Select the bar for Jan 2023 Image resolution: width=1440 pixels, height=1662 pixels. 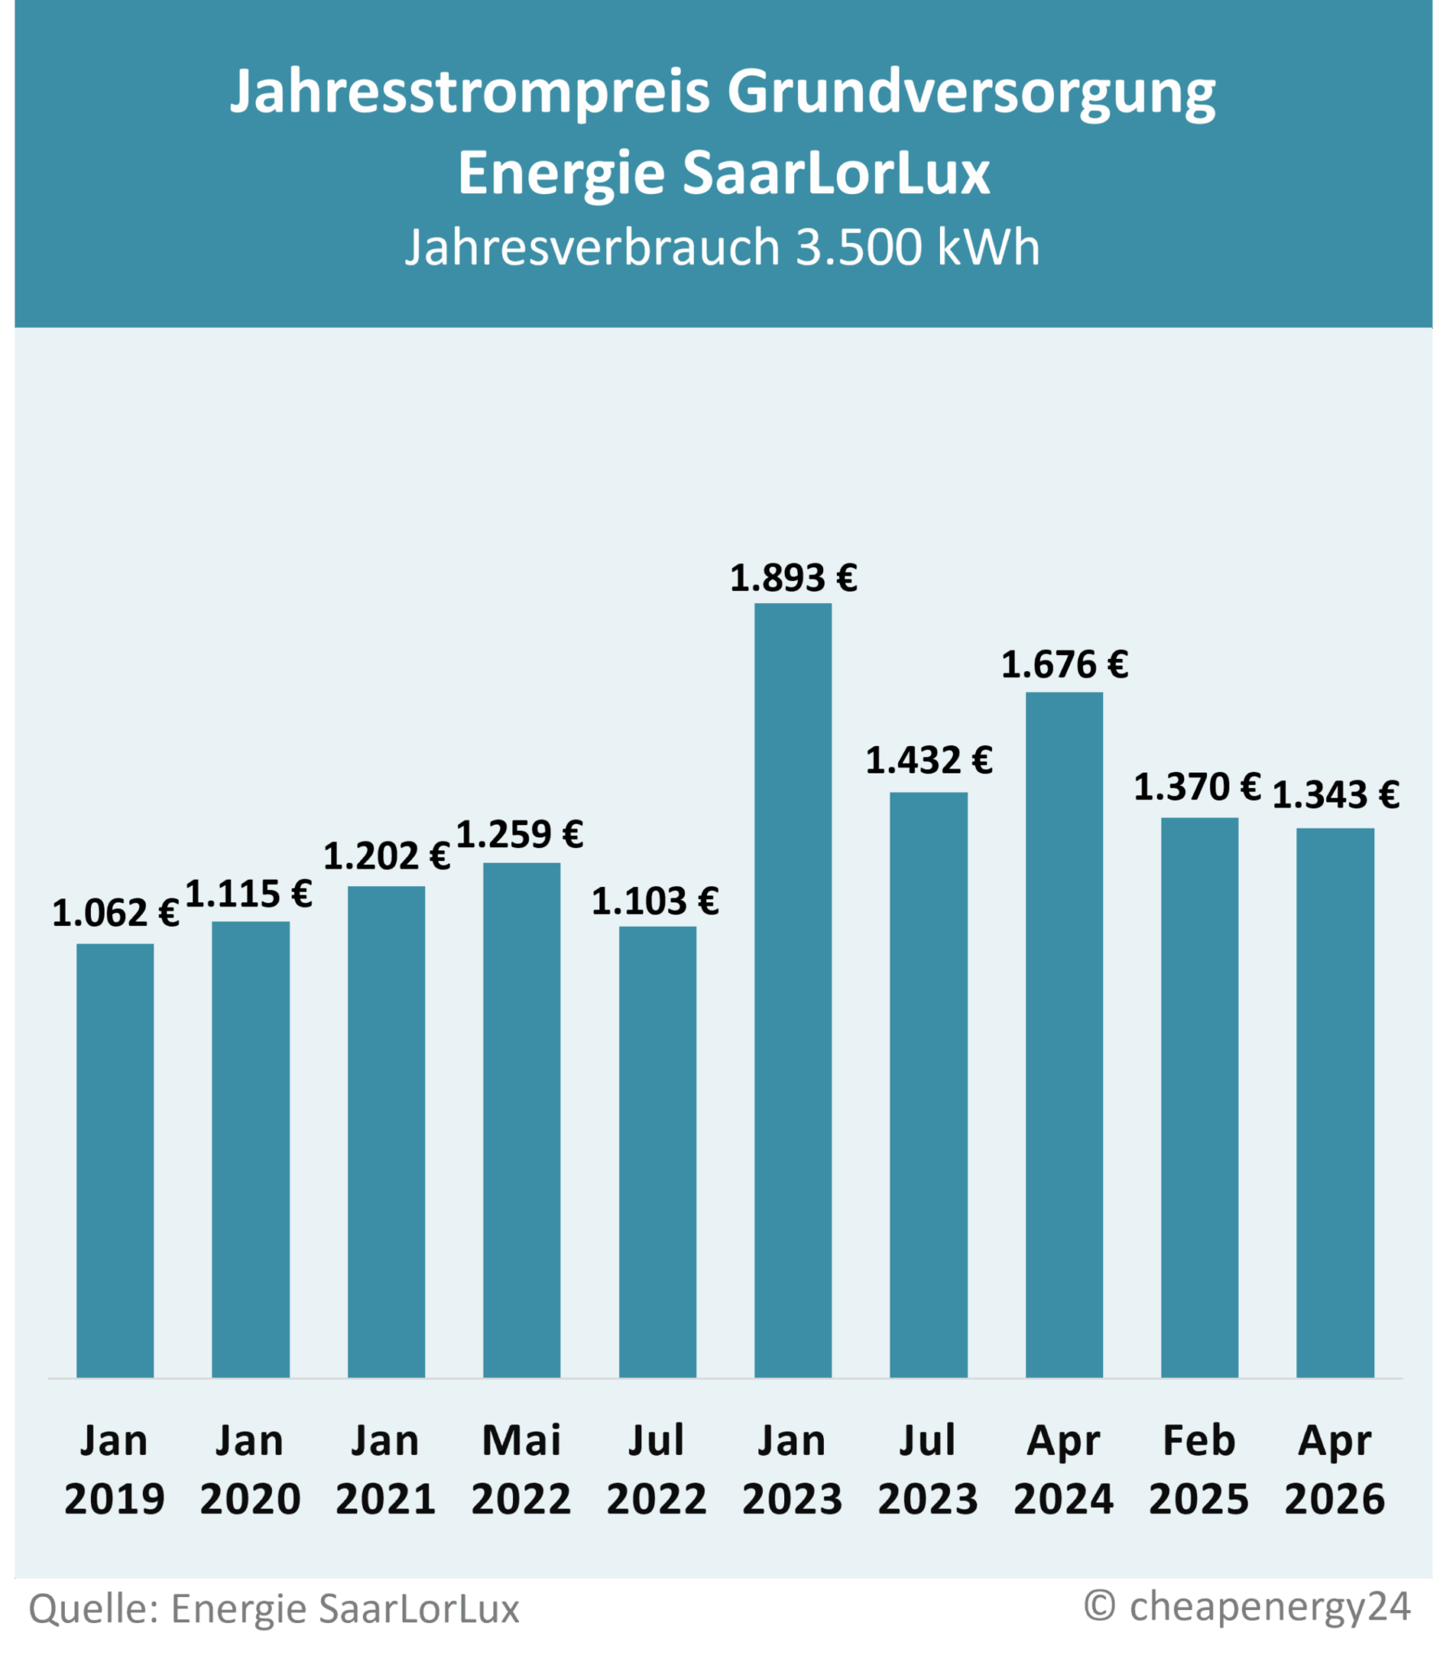792,990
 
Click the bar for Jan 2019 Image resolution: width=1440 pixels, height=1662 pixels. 114,1160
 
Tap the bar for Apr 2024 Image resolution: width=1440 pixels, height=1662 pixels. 1063,1035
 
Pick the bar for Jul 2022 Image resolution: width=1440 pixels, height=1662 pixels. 657,1152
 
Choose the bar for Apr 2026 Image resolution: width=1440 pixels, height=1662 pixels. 1334,1103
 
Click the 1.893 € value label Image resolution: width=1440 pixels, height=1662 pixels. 793,579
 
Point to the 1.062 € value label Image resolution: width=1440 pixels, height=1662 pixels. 115,913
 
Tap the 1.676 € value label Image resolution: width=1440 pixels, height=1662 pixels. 1064,665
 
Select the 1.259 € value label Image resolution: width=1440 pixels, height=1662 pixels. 520,835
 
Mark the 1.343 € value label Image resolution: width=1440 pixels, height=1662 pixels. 1335,795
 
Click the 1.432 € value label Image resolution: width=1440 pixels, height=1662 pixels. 929,761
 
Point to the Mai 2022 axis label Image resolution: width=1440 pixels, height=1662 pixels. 521,1470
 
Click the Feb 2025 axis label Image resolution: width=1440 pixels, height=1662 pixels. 1199,1470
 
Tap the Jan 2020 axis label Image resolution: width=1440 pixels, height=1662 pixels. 250,1470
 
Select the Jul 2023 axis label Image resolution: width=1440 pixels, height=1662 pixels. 928,1470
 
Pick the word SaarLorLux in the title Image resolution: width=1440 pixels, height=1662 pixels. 836,173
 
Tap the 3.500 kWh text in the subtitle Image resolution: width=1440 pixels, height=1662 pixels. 917,247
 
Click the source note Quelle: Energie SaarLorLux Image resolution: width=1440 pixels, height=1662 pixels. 274,1609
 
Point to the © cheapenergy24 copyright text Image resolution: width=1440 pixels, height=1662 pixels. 1248,1606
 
